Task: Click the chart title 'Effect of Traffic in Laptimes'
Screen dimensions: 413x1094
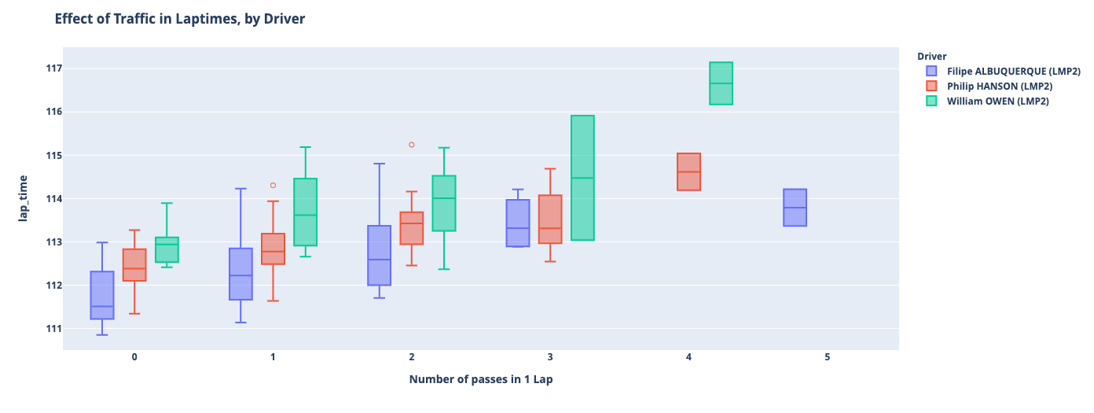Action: click(179, 18)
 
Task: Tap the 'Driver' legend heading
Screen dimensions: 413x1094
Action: click(931, 56)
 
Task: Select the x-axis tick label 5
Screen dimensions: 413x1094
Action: click(827, 357)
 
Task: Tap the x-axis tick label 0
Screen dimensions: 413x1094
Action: click(134, 357)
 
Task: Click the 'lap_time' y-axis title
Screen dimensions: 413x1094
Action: click(23, 198)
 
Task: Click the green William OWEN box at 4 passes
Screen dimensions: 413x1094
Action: click(721, 83)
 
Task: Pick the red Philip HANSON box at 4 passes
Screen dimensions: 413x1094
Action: click(688, 171)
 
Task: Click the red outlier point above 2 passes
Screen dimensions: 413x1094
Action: click(411, 145)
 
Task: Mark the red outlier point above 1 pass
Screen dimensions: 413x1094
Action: click(273, 186)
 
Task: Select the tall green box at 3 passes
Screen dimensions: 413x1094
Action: click(582, 178)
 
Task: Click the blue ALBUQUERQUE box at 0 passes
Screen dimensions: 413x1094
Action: click(102, 295)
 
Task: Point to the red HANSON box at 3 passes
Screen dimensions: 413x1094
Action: click(550, 219)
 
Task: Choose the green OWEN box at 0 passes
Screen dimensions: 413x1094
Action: click(167, 249)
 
